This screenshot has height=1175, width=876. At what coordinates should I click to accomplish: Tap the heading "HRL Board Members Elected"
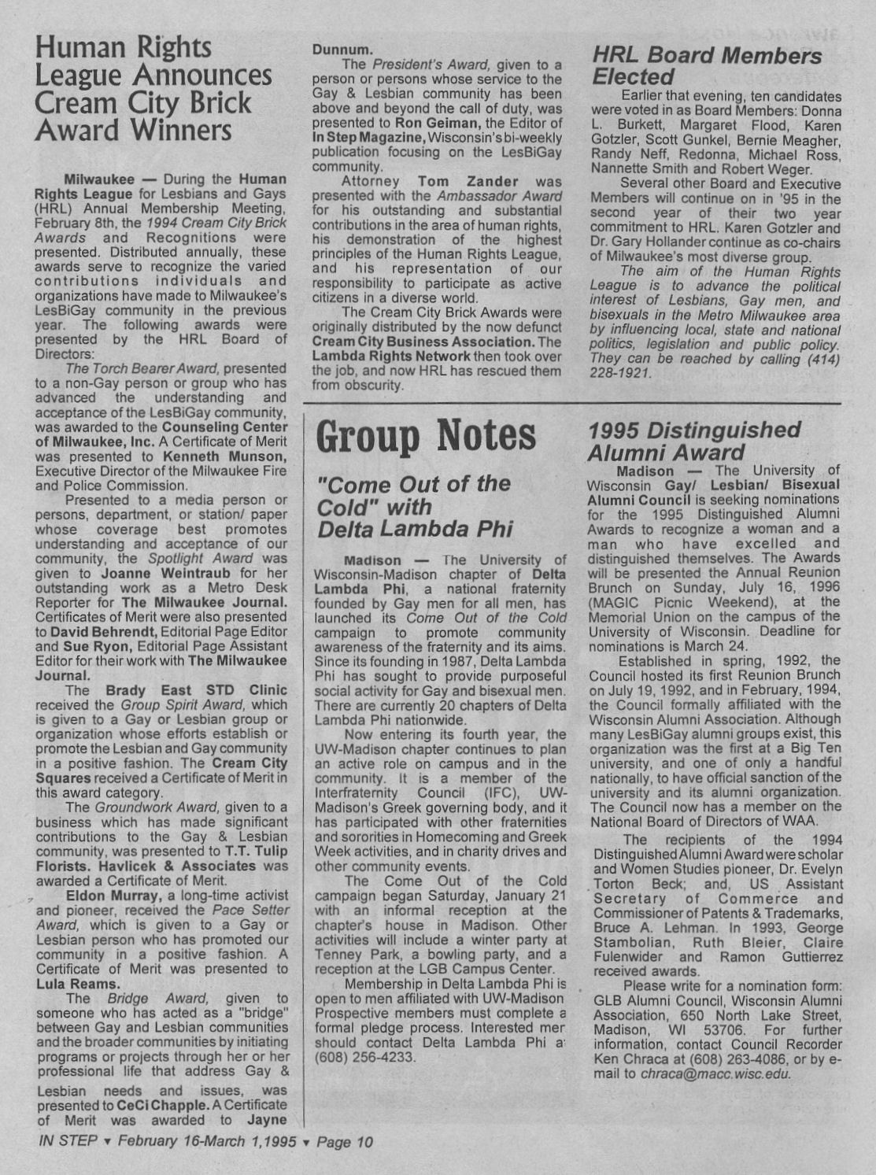[706, 66]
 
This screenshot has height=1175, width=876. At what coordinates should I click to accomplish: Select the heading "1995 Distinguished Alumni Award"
[693, 441]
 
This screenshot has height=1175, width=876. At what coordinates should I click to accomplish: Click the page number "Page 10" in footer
[344, 1142]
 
